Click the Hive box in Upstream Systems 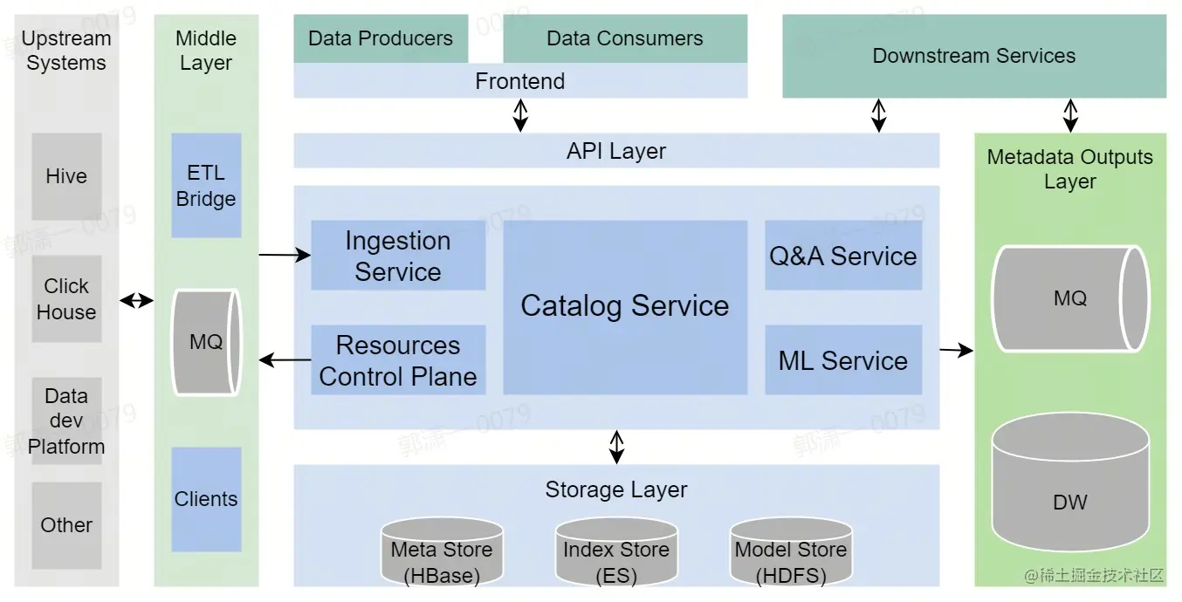(66, 176)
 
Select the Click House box (66, 298)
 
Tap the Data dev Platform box (66, 421)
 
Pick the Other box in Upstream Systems (66, 525)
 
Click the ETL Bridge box (206, 186)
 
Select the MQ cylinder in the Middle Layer (206, 342)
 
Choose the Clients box (206, 499)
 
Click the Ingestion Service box (398, 256)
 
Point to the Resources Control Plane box (398, 360)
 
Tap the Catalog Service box (625, 307)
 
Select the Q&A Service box (843, 256)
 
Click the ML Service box (843, 360)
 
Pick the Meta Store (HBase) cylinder (442, 552)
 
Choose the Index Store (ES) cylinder (616, 552)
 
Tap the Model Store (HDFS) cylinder (791, 552)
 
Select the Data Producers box (381, 38)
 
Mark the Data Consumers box (625, 38)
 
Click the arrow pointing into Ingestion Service (285, 256)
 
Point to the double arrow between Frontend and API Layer (520, 115)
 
